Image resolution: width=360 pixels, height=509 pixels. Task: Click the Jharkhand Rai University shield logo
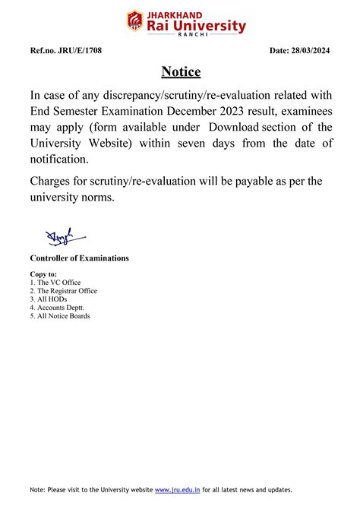(135, 21)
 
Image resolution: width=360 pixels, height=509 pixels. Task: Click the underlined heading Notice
(181, 72)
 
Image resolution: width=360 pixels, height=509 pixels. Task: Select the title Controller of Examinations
(79, 258)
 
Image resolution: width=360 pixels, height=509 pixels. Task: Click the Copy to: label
(43, 273)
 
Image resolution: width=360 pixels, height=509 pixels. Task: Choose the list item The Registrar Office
(66, 291)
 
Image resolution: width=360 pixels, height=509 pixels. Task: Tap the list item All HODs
(49, 299)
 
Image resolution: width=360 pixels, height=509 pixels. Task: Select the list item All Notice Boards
(62, 316)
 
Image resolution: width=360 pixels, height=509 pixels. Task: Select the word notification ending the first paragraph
(59, 160)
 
